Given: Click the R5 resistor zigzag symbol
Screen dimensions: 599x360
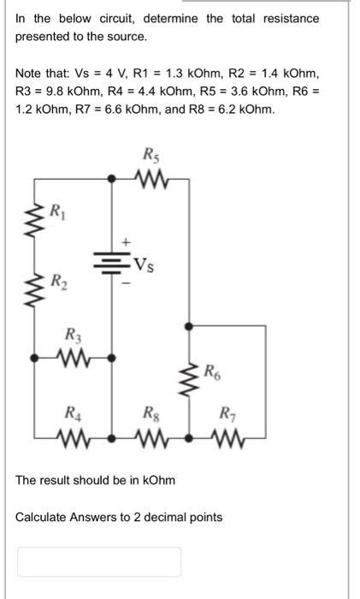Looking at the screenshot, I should tap(150, 179).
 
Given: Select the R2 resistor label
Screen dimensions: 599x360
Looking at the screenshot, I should tap(56, 279).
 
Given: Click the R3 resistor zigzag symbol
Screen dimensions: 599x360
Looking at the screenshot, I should tap(74, 354).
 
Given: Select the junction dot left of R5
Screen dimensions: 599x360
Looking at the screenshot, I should tap(114, 179).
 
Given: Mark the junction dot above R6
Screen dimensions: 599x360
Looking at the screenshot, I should tap(189, 325).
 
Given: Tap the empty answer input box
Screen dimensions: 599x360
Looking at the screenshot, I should tap(99, 561).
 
